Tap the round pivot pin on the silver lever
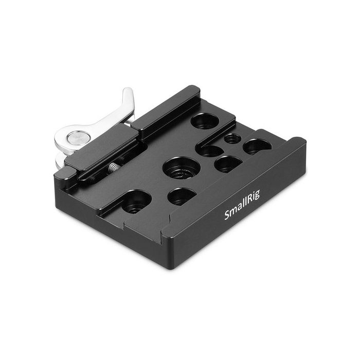tap(79, 137)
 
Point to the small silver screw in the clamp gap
tap(113, 167)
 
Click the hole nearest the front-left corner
tap(136, 202)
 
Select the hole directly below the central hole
tap(182, 196)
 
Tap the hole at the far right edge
tap(257, 147)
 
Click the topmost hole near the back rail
tap(205, 121)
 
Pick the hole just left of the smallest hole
tap(211, 151)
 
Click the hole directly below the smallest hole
tap(228, 164)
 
